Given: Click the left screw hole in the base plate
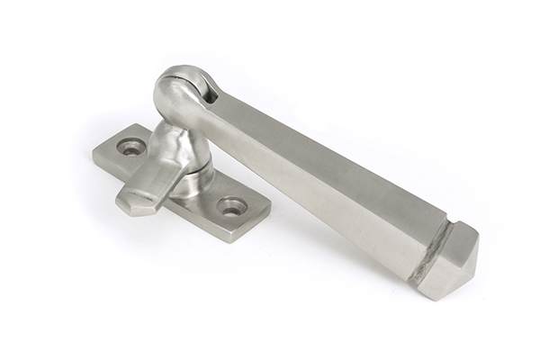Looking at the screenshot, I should coord(132,147).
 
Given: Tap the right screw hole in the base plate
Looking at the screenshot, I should coord(232,206).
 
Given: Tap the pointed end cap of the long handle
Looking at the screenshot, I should coord(455,261).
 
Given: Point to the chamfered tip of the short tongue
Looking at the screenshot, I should coord(131,203).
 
